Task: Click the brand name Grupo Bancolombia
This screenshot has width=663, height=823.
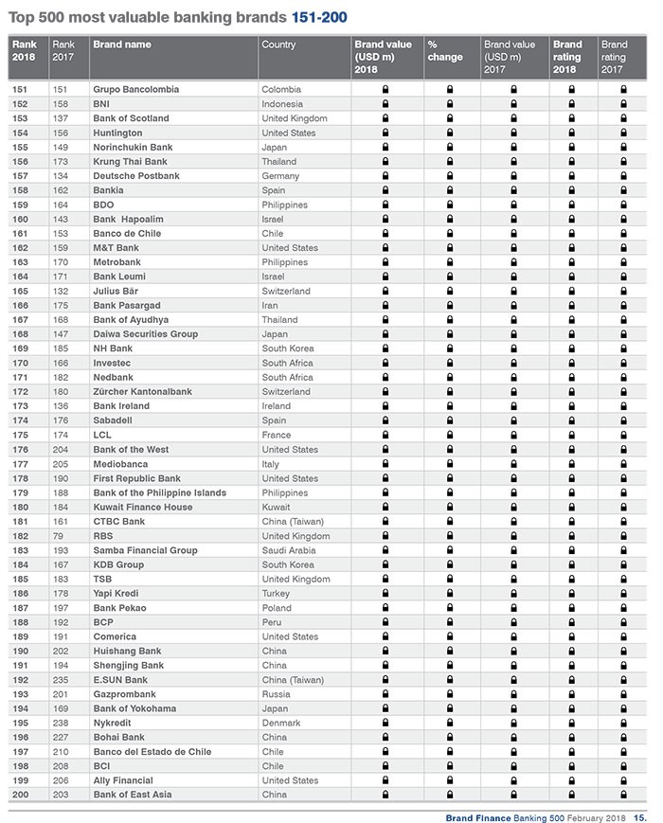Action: coord(136,89)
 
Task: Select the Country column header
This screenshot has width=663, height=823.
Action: coord(278,45)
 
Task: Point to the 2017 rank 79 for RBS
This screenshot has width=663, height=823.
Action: coord(58,536)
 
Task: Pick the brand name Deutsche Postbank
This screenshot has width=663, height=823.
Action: coord(135,175)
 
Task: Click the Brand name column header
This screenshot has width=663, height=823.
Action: coord(122,45)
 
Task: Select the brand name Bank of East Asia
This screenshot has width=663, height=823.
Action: coord(133,795)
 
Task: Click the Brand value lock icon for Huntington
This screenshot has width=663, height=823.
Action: coord(385,133)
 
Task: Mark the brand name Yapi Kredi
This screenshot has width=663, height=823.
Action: coord(116,593)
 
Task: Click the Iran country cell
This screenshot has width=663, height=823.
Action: coord(270,305)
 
